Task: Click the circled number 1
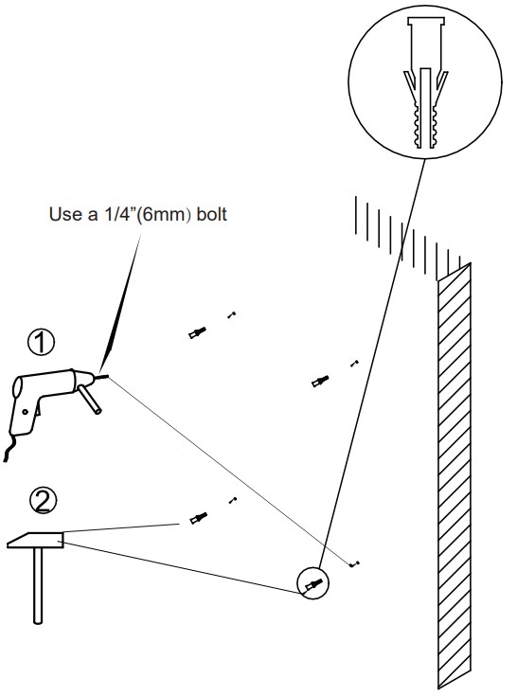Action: click(41, 342)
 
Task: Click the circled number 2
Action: click(43, 501)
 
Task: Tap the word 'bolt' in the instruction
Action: click(212, 214)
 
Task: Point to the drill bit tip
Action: click(108, 377)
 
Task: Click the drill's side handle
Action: click(90, 399)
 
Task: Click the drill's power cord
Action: click(9, 447)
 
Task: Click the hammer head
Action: click(35, 540)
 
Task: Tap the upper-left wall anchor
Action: click(197, 332)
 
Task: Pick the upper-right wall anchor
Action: click(319, 382)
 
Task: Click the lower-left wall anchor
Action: click(198, 518)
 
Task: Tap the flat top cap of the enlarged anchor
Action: click(425, 21)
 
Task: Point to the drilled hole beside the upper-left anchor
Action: click(231, 315)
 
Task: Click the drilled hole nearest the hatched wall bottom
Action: click(354, 564)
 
